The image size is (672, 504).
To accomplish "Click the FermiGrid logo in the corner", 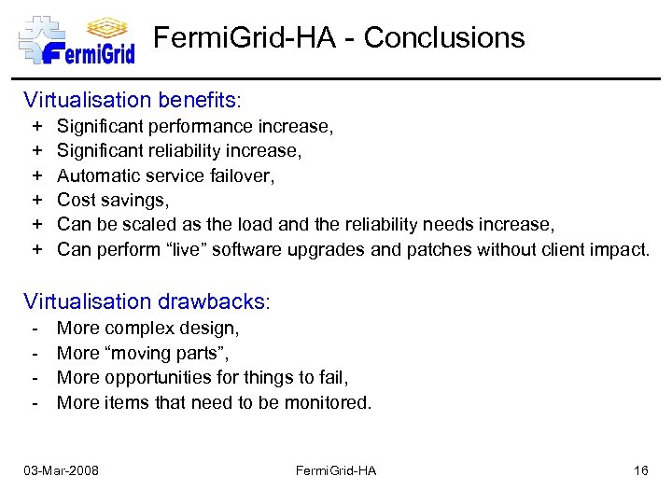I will click(77, 38).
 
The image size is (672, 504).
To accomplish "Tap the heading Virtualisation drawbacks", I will click(147, 301).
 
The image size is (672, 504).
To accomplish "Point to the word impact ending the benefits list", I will click(619, 248).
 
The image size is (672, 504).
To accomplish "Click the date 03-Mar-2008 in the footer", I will click(62, 470).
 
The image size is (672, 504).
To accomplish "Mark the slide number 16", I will click(640, 470).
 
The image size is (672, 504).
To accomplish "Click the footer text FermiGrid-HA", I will click(336, 470).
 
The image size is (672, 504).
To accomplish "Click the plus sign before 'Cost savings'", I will click(38, 200).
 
